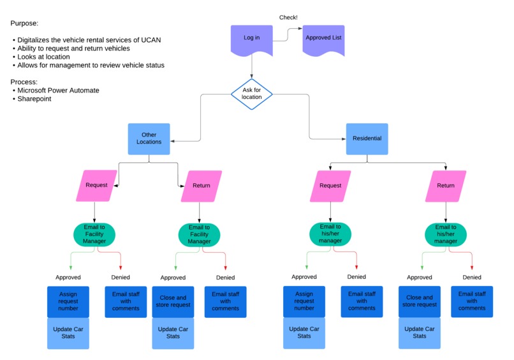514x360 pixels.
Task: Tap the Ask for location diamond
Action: pyautogui.click(x=251, y=94)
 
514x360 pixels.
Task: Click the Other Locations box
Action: pyautogui.click(x=149, y=139)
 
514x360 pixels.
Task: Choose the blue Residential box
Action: pyautogui.click(x=367, y=138)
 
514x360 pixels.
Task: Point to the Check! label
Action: pyautogui.click(x=289, y=17)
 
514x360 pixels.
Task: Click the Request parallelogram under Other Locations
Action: pyautogui.click(x=97, y=186)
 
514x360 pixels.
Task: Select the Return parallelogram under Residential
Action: pyautogui.click(x=445, y=186)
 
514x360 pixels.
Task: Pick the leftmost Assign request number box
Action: pyautogui.click(x=68, y=301)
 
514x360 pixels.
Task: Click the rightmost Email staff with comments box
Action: pyautogui.click(x=471, y=301)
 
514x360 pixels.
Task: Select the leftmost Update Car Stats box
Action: pyautogui.click(x=68, y=333)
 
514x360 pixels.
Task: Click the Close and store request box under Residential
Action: pyautogui.click(x=419, y=301)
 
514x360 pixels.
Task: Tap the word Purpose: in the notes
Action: pyautogui.click(x=25, y=23)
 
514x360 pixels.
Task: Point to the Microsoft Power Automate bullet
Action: pyautogui.click(x=58, y=91)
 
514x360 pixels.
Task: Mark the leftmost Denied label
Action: pyautogui.click(x=121, y=278)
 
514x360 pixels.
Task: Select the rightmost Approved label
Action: pyautogui.click(x=419, y=278)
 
